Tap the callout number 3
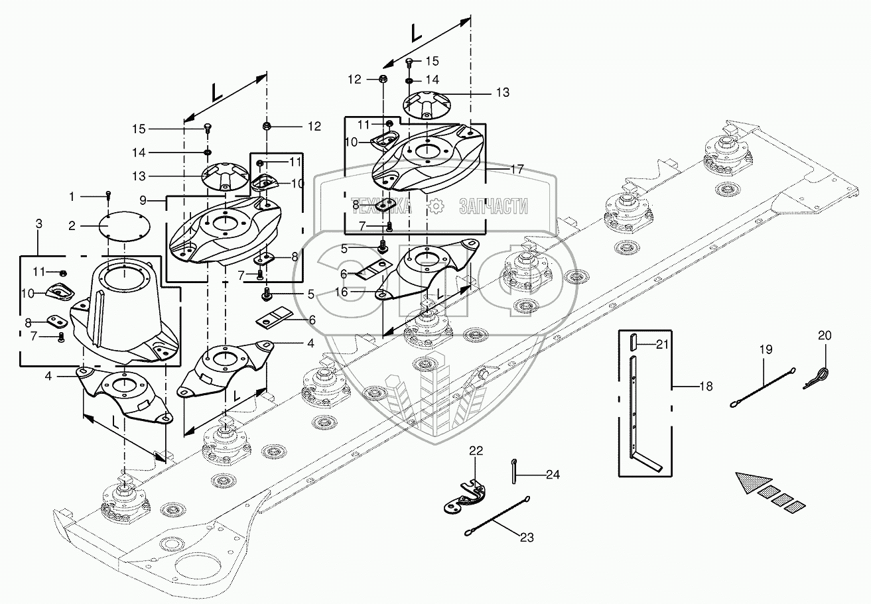38,224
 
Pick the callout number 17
517,170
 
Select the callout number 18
706,386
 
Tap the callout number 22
476,450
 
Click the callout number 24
553,475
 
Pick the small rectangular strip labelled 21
633,343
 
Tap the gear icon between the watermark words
436,206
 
